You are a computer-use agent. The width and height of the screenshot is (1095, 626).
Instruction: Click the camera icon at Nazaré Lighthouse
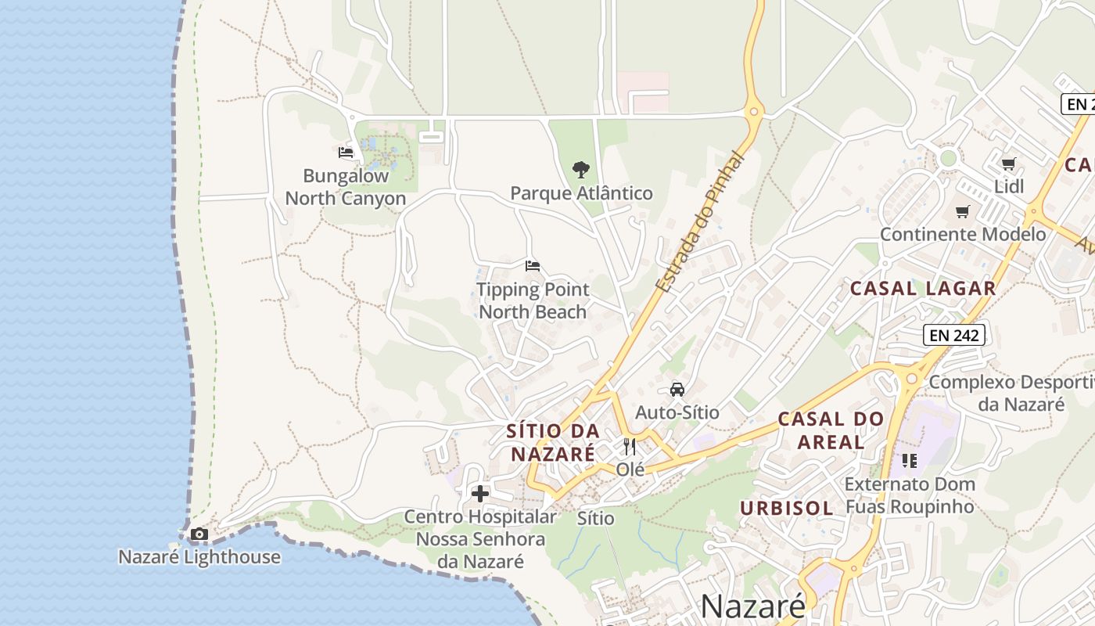pos(199,534)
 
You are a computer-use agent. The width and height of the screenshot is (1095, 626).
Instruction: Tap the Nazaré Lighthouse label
pos(199,557)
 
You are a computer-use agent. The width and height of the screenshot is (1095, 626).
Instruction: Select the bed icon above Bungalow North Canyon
pos(346,153)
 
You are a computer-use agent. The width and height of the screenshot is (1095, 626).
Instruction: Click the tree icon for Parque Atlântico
pos(580,169)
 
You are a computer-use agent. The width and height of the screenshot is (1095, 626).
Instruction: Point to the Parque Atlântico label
pos(581,193)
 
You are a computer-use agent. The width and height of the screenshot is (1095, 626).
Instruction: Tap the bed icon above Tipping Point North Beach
pos(533,266)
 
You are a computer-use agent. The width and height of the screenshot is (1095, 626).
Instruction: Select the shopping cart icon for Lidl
pos(1009,164)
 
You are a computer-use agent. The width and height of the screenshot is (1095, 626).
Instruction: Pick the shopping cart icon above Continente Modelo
pos(963,212)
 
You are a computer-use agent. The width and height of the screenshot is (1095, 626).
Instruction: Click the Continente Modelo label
pos(963,235)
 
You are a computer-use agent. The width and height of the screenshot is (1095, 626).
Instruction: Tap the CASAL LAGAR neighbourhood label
pos(923,289)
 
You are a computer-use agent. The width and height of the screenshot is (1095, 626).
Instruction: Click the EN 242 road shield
pos(953,336)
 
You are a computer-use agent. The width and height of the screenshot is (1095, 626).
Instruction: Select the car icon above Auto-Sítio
pos(677,390)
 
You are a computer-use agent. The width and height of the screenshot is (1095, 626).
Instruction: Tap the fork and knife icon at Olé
pos(630,447)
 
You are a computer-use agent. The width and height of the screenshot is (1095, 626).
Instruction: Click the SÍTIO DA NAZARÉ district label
pos(553,442)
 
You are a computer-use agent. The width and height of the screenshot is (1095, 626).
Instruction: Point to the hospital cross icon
pos(480,494)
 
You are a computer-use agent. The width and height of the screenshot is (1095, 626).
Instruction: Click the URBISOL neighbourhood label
pos(787,508)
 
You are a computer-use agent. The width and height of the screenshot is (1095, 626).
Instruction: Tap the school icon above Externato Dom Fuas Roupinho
pos(909,461)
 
